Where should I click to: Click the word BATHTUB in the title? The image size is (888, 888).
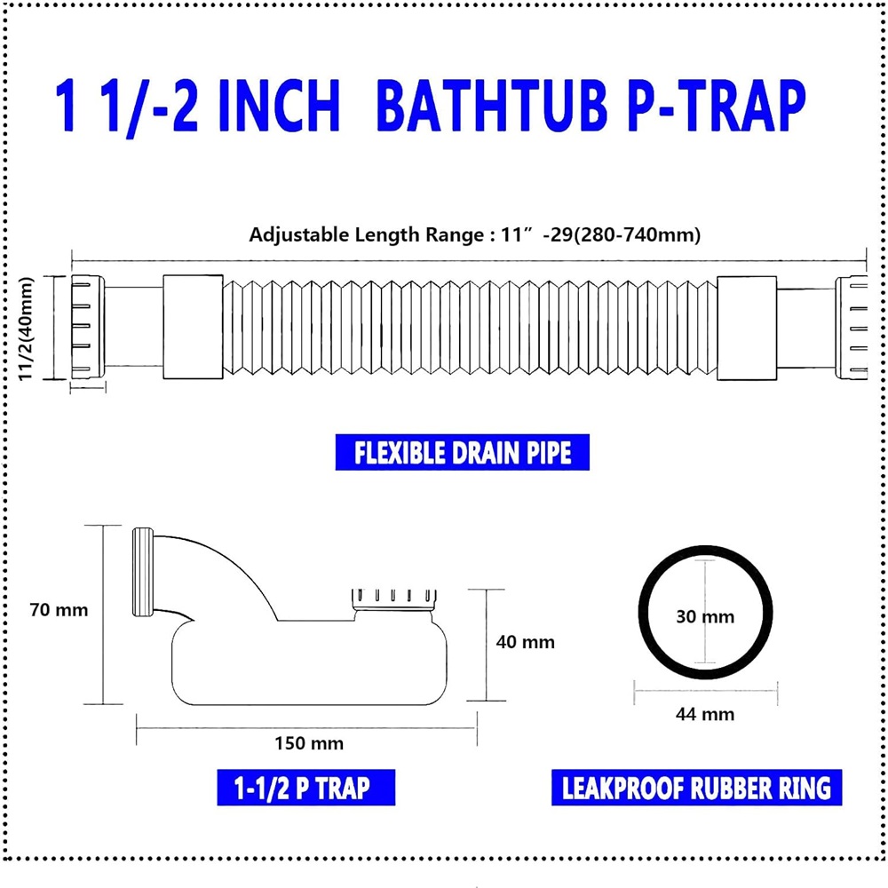490,106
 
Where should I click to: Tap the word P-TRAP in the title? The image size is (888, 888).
716,106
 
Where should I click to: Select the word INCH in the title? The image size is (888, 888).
279,106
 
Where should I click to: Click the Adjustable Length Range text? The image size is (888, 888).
474,234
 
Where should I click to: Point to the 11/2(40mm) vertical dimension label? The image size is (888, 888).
26,329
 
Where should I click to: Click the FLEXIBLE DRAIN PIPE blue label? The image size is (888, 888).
462,452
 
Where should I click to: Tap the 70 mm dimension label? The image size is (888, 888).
59,610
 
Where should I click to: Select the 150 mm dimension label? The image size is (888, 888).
309,743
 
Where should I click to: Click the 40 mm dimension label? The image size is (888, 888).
525,642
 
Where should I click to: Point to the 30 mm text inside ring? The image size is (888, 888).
705,616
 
